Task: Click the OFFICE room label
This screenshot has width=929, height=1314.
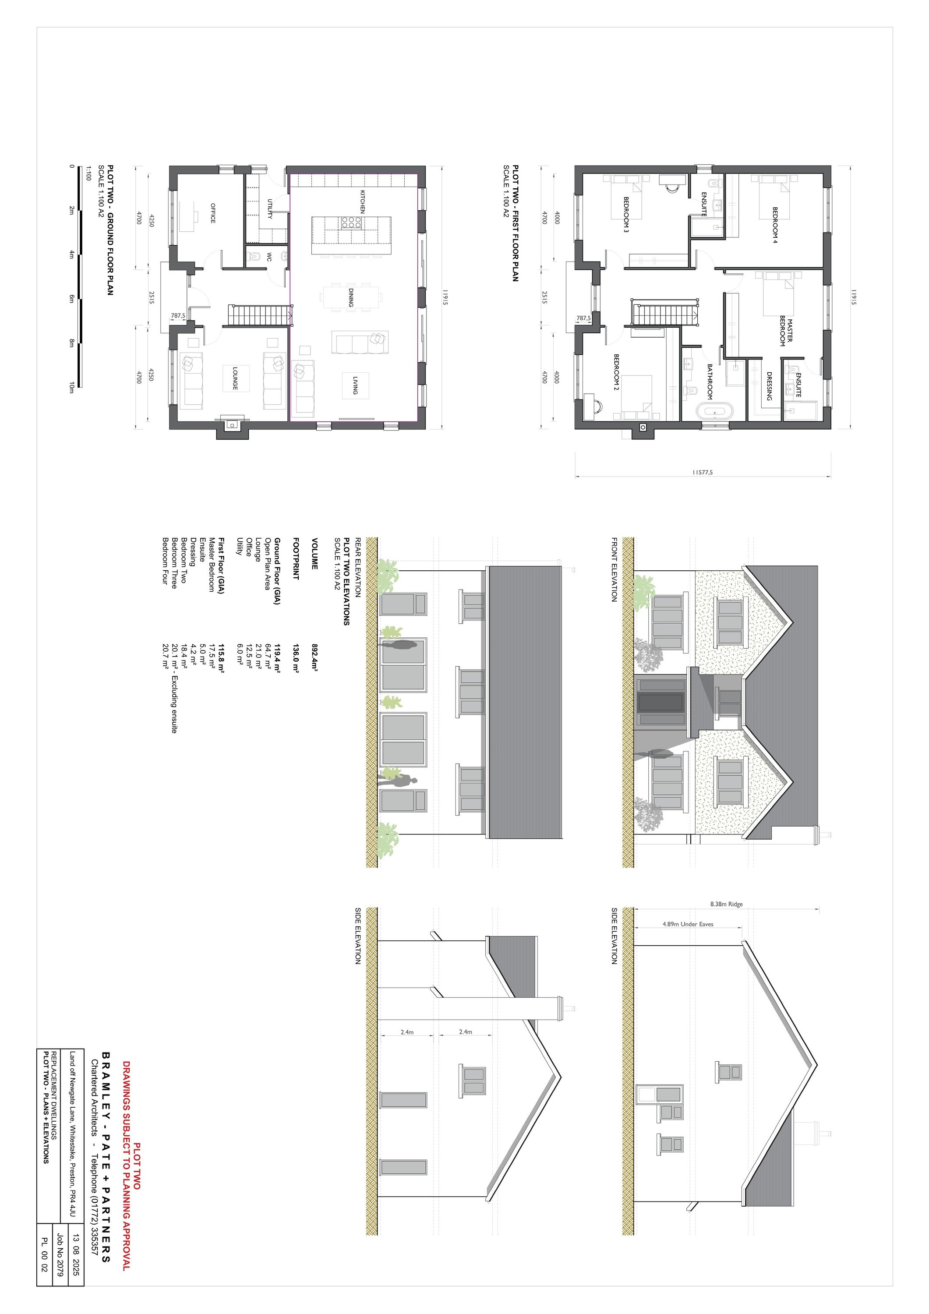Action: click(212, 213)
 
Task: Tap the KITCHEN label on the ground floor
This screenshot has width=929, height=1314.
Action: click(362, 201)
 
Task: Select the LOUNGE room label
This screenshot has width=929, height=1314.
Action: click(235, 378)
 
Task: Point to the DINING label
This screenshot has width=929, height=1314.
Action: click(350, 297)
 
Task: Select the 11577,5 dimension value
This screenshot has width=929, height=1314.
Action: click(702, 473)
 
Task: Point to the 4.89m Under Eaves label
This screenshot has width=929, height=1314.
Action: click(688, 924)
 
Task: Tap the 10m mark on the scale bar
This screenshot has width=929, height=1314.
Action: click(71, 388)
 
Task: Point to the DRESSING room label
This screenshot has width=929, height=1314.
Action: click(769, 386)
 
